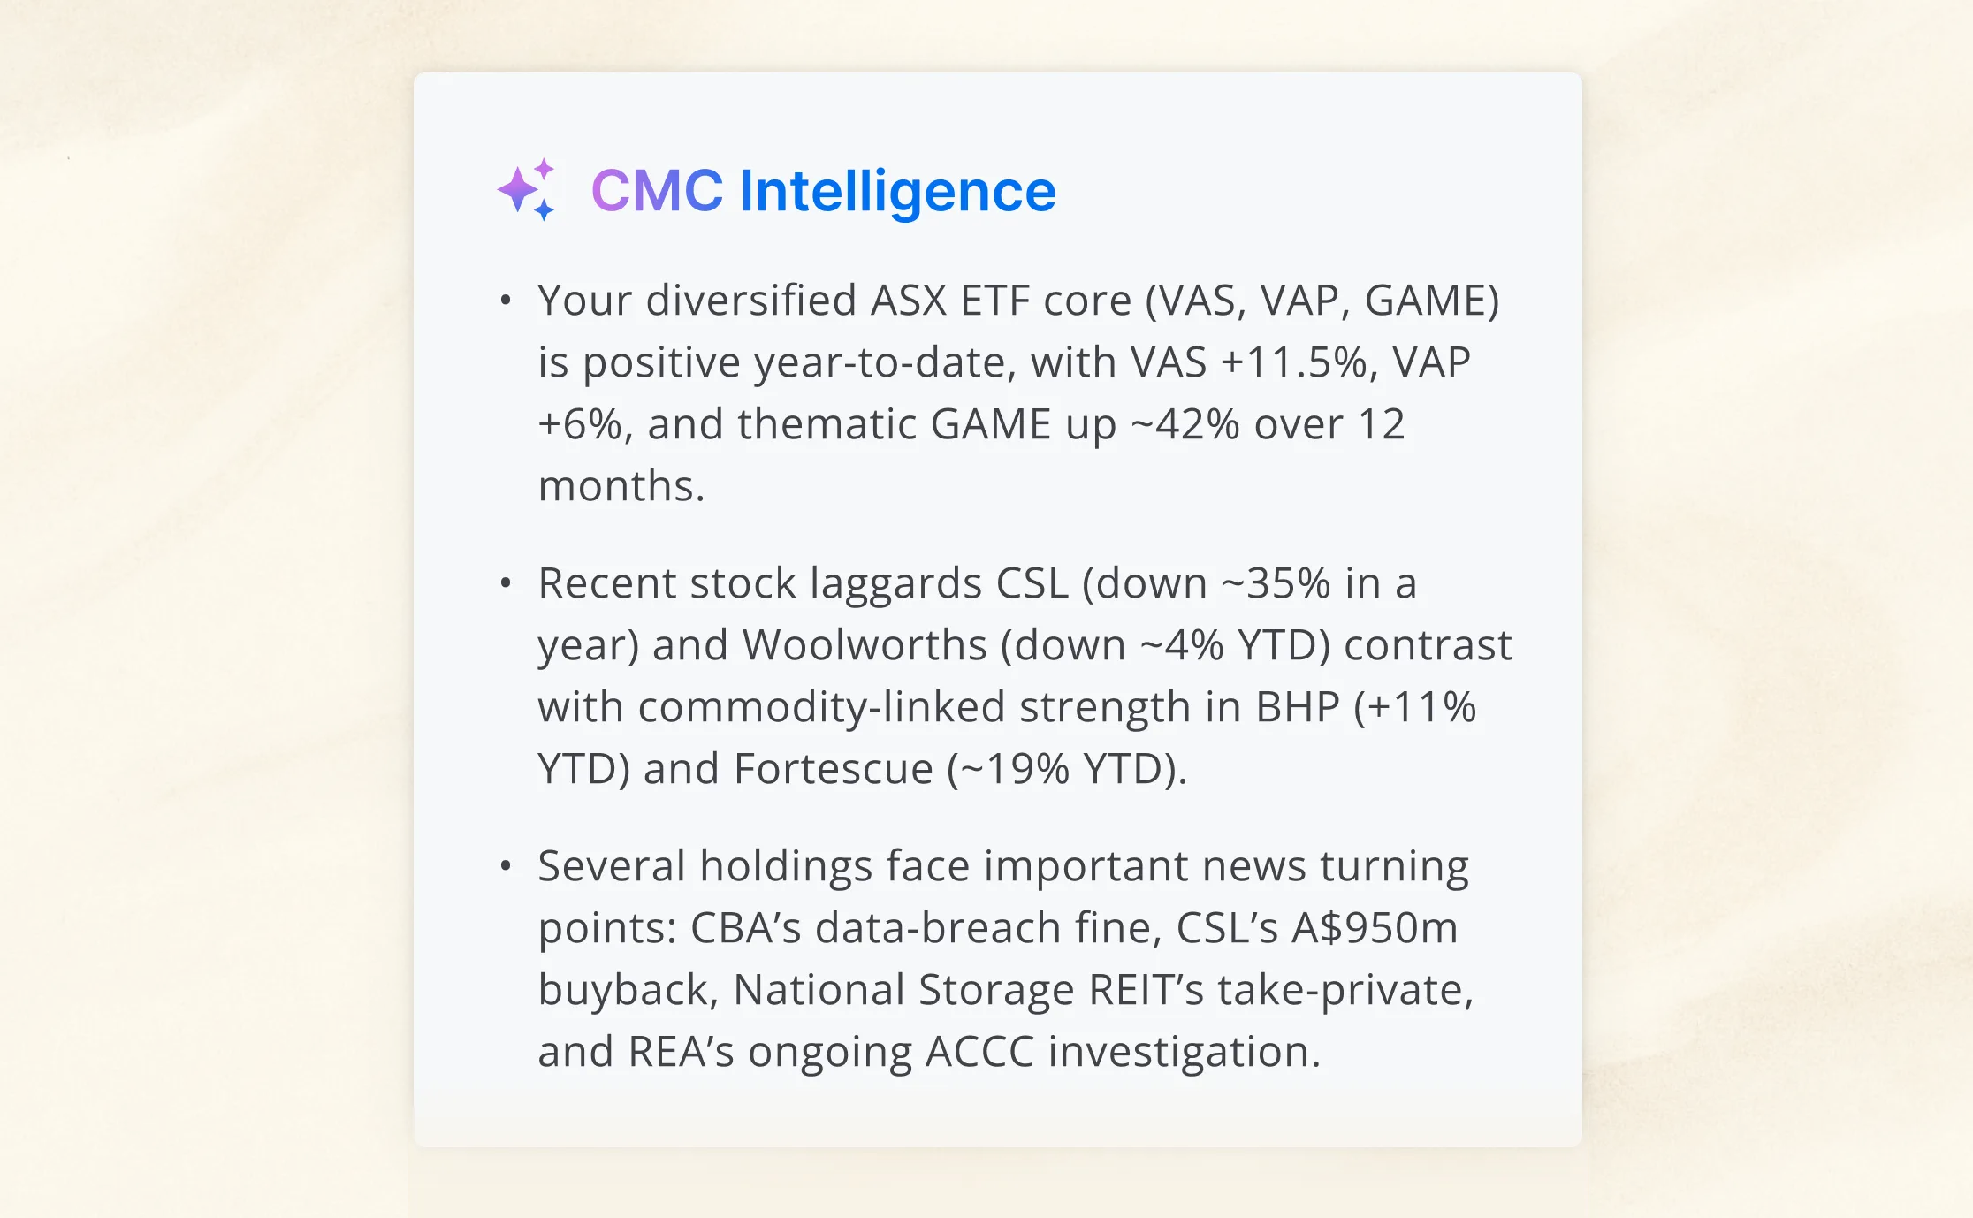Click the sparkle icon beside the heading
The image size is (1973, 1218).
(x=527, y=189)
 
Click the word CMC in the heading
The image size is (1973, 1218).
(x=657, y=191)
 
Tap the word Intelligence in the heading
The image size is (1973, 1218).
(x=897, y=193)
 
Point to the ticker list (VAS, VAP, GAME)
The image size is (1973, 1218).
(x=1322, y=301)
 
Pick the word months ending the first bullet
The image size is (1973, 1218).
(x=620, y=486)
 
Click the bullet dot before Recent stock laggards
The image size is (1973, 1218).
(x=506, y=583)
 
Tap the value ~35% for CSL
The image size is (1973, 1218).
(x=1276, y=583)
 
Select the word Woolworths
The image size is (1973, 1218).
(x=864, y=645)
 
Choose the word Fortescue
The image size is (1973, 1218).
(x=833, y=769)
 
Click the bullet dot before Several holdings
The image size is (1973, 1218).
(x=506, y=866)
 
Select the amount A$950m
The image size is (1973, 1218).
(x=1375, y=928)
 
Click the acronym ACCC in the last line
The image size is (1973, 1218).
(x=979, y=1052)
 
